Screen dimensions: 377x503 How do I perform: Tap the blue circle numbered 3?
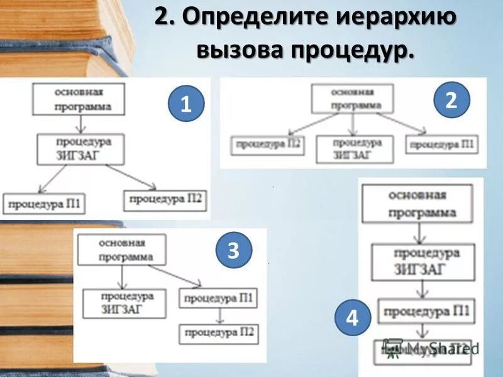pos(233,251)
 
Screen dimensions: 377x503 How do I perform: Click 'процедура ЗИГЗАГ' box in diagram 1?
pos(79,148)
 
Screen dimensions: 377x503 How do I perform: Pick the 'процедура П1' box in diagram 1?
pos(44,204)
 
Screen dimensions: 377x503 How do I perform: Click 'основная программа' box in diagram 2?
pos(351,99)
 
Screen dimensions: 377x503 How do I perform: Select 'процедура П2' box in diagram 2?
pos(267,146)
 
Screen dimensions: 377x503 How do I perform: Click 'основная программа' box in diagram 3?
pos(122,249)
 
